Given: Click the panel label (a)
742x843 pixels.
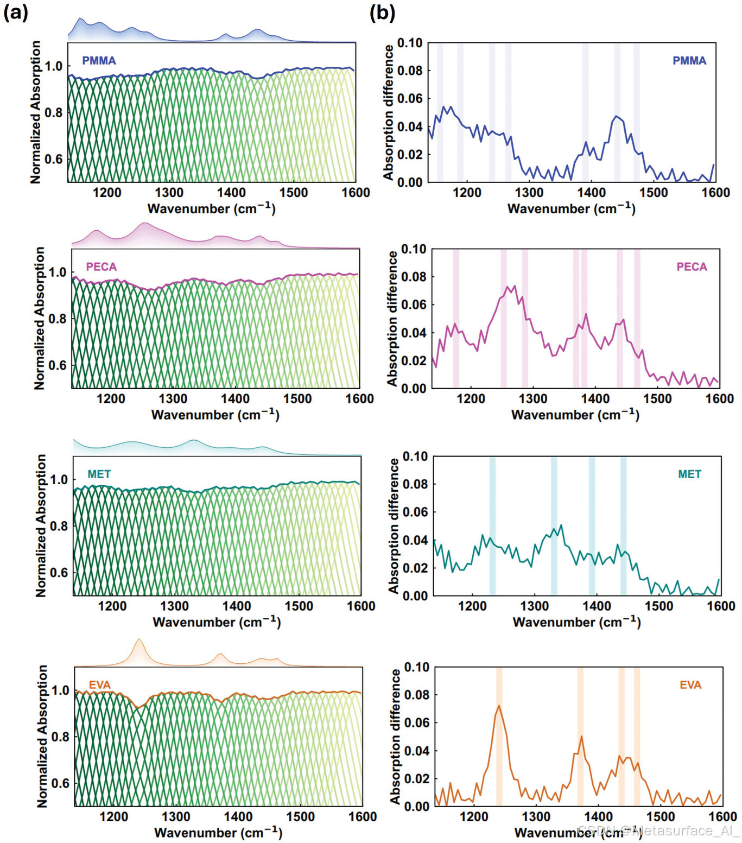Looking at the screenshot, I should click(x=15, y=12).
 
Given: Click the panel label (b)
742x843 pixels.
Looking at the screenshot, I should click(x=382, y=12).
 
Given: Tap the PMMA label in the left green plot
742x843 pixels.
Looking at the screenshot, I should click(x=99, y=60).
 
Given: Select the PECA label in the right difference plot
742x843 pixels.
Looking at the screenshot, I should click(x=692, y=267).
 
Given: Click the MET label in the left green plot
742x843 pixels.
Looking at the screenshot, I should click(x=99, y=474).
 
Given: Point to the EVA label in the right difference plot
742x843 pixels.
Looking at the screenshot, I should click(x=690, y=684).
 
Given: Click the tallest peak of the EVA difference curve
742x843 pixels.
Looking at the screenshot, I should click(x=499, y=706).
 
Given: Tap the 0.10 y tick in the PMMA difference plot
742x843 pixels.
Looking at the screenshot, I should click(x=410, y=43).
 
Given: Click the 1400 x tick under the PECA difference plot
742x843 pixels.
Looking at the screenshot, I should click(x=595, y=399).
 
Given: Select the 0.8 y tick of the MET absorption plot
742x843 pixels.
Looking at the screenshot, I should click(x=59, y=526).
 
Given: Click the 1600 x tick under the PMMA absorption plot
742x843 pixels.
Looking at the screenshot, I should click(x=356, y=193).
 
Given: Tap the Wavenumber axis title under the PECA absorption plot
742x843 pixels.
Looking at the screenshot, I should click(x=215, y=415).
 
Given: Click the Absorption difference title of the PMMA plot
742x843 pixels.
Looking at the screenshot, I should click(x=388, y=112).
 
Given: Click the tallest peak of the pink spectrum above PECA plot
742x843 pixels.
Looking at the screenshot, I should click(x=144, y=223).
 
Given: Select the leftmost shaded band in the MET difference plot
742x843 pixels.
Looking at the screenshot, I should click(x=492, y=526).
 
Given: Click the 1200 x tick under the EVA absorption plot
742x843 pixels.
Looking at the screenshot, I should click(x=114, y=817).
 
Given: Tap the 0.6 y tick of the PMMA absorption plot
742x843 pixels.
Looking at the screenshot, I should click(x=53, y=159).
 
